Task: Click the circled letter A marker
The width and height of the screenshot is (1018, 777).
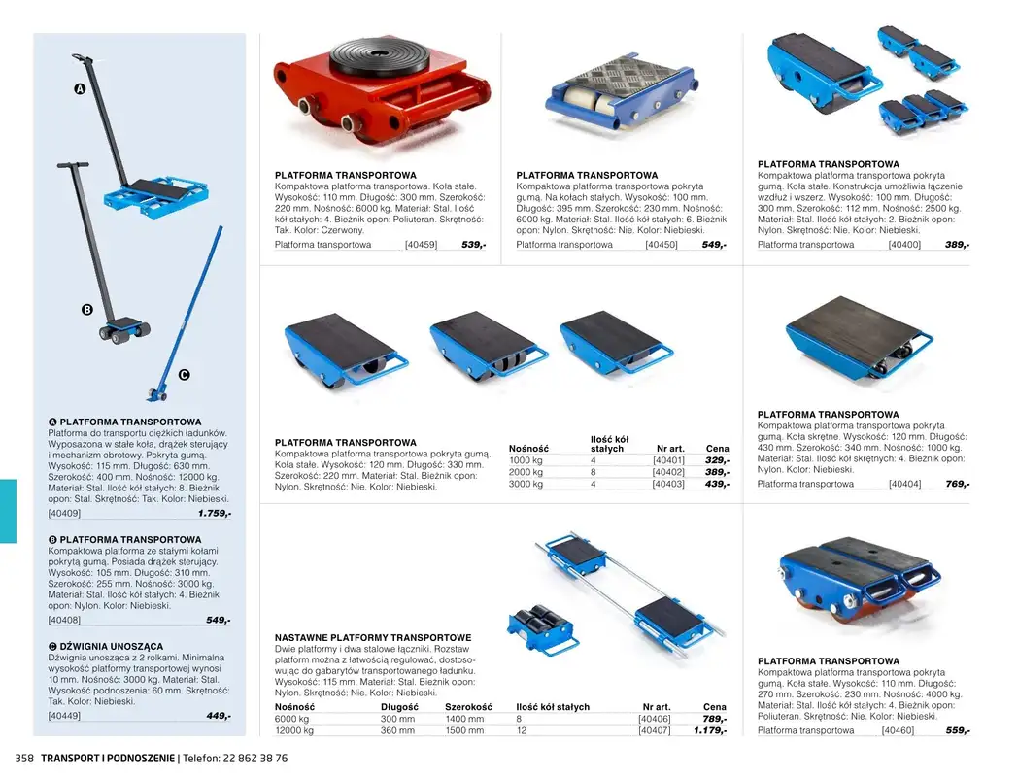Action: tap(80, 89)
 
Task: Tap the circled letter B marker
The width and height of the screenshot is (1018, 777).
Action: tap(86, 310)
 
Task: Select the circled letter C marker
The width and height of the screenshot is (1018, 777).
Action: tap(184, 375)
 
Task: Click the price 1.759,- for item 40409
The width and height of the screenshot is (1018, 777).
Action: tap(214, 513)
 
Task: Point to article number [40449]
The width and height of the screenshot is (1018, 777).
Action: tap(64, 716)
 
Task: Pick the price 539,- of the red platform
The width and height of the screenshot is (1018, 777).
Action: tap(473, 245)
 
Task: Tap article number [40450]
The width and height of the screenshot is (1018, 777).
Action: tap(661, 245)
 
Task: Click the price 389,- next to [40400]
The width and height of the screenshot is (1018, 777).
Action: tap(957, 245)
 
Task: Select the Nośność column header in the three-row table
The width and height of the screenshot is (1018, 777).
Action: tap(528, 448)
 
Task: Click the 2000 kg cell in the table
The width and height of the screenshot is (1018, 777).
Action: tap(526, 472)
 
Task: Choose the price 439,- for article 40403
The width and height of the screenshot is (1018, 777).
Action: tap(716, 484)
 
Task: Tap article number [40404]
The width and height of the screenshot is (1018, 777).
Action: tap(904, 484)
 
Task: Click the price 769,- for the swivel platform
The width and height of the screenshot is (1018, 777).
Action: tap(957, 484)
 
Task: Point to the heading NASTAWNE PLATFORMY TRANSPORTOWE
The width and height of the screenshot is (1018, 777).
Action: tap(373, 638)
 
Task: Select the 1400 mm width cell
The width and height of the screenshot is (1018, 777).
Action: tap(464, 719)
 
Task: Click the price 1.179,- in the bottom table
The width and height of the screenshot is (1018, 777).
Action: tap(709, 730)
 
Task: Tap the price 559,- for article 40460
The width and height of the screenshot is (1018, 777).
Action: tap(957, 730)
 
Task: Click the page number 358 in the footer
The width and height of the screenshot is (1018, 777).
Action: tap(23, 758)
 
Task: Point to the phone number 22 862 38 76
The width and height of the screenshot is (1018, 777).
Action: tap(251, 758)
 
